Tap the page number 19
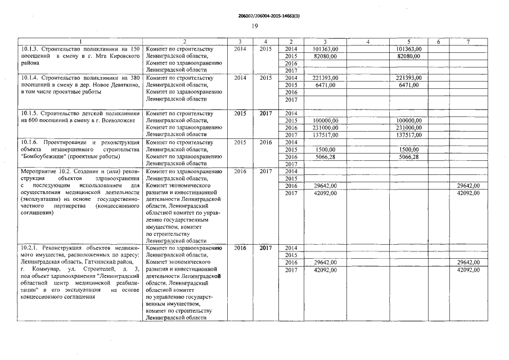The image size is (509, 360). click(254, 26)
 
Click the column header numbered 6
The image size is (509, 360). click(439, 42)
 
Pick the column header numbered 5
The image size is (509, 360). click(408, 42)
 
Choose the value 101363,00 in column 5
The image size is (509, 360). click(408, 49)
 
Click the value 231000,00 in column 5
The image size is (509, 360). click(408, 128)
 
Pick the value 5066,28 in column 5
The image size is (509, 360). click(408, 157)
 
